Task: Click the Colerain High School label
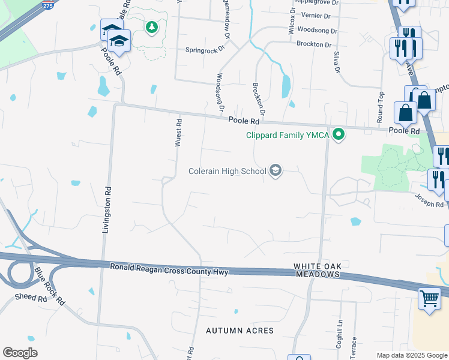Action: (x=227, y=172)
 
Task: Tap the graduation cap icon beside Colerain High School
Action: (x=276, y=172)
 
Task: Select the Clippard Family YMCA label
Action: (x=288, y=135)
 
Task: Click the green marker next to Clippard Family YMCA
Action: (x=339, y=134)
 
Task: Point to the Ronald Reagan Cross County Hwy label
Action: (x=169, y=269)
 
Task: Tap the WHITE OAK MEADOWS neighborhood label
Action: (x=317, y=270)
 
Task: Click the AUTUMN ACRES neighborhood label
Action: (x=240, y=331)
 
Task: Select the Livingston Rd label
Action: (x=107, y=210)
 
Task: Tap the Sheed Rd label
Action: (x=31, y=298)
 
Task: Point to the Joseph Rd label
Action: (x=429, y=200)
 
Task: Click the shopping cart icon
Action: (x=429, y=298)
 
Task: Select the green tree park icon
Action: (x=152, y=27)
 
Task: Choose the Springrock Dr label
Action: (x=208, y=50)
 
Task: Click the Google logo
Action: (x=20, y=353)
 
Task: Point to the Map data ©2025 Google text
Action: (x=411, y=355)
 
